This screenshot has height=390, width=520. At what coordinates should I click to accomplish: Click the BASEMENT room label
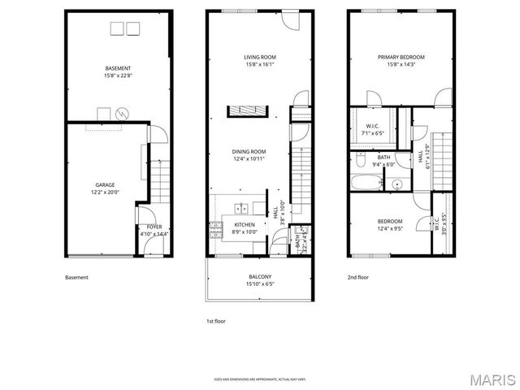(x=118, y=67)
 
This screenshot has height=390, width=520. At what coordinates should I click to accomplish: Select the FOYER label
(x=154, y=227)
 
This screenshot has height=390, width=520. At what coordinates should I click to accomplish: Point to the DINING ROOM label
(x=249, y=151)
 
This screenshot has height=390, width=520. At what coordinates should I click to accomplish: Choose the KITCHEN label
(x=245, y=224)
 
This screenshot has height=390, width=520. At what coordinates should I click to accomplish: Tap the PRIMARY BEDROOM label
(x=401, y=57)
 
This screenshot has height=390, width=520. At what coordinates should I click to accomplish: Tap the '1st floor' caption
(x=215, y=321)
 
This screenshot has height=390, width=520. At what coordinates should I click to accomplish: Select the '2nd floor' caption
(x=357, y=277)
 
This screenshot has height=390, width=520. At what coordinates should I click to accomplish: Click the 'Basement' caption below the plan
(x=76, y=277)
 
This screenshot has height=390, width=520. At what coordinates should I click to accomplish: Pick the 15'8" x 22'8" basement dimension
(x=118, y=76)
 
